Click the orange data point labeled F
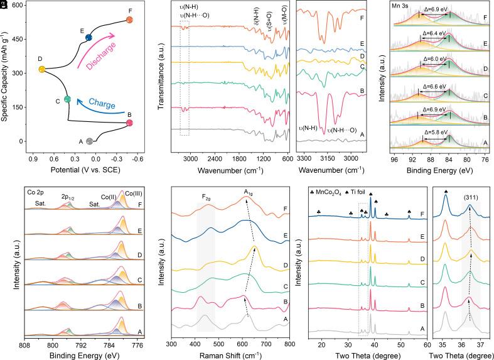(129, 20)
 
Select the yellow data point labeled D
(41, 69)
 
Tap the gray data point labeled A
(90, 141)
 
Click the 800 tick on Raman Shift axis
(289, 344)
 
